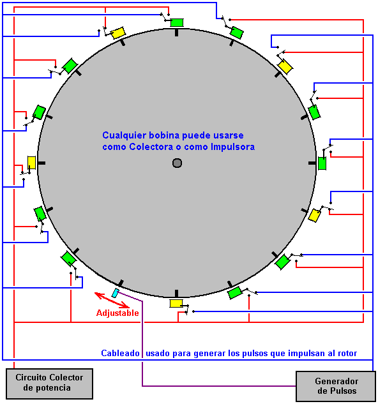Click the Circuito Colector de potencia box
pos(50,384)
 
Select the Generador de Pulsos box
pos(336,386)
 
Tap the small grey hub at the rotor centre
pos(177,163)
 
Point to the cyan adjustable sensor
pos(116,293)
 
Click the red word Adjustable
pos(117,313)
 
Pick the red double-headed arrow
pos(112,300)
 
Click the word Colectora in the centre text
pos(151,147)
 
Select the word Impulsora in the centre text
pos(233,147)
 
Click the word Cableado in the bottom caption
pos(120,353)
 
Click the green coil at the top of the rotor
pos(177,22)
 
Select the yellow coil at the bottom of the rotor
pos(176,303)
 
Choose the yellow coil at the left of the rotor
pos(31,163)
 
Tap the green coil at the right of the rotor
pos(322,163)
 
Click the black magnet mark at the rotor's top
pos(177,33)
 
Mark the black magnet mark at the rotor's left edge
pos(42,163)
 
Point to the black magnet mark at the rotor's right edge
pos(312,163)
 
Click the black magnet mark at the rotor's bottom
pos(177,294)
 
